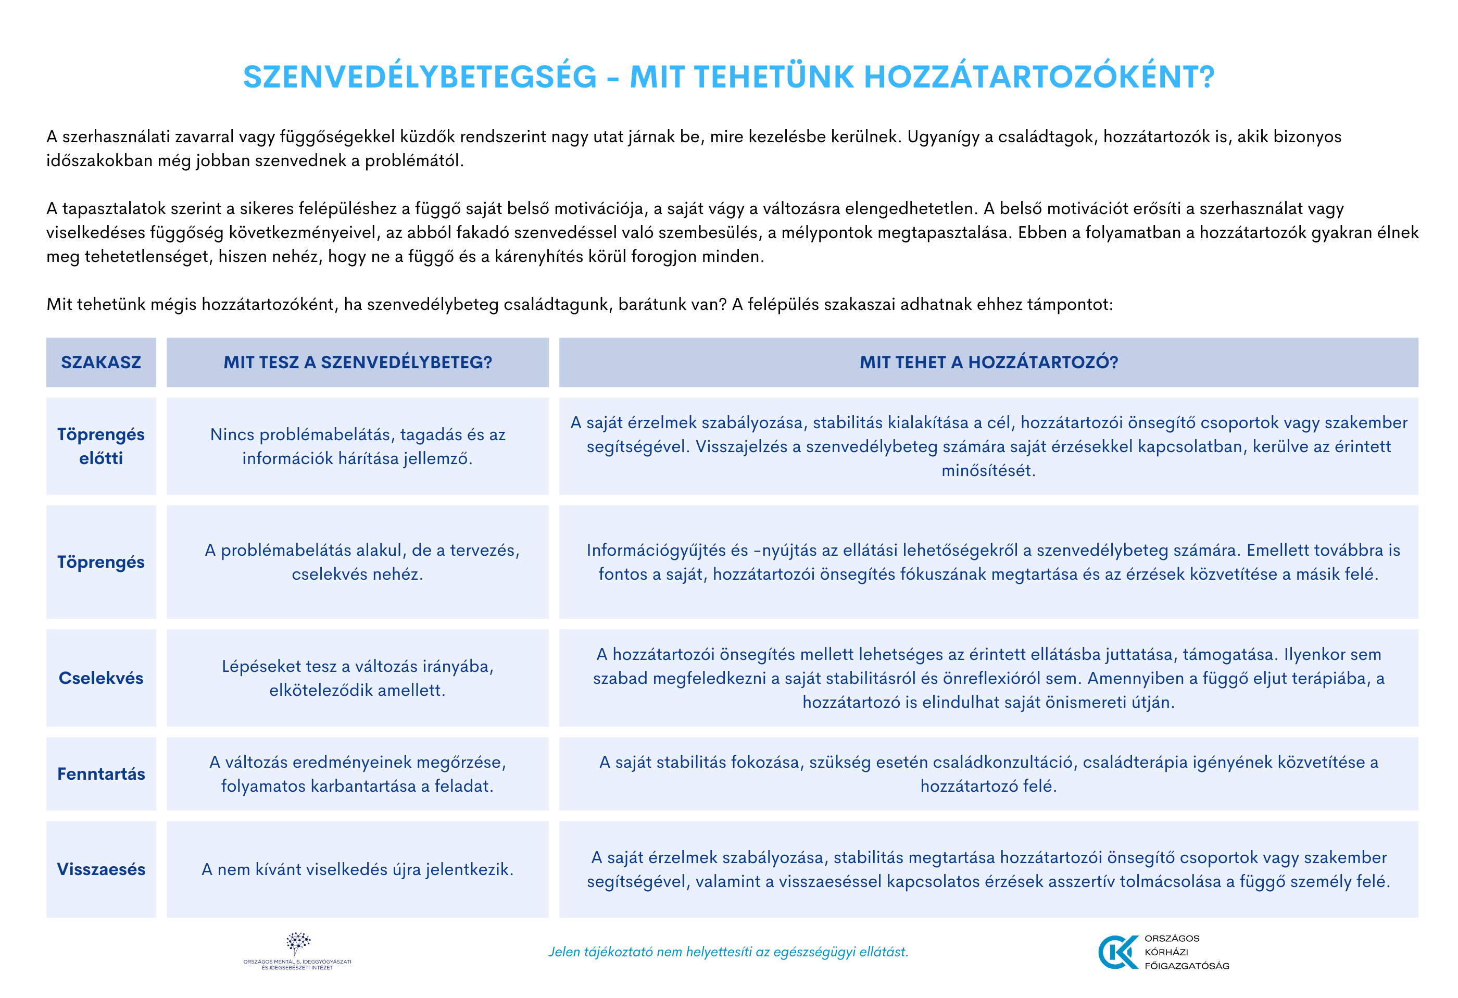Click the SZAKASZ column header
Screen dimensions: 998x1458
coord(101,362)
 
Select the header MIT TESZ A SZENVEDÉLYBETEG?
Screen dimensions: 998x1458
coord(358,362)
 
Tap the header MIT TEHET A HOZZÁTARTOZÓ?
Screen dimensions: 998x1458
coord(988,362)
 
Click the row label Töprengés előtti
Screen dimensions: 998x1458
coord(101,446)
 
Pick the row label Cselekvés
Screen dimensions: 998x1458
coord(101,678)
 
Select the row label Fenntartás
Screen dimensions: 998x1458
coord(101,774)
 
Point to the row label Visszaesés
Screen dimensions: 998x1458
coord(101,869)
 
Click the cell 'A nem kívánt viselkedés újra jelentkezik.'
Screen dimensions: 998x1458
coord(358,869)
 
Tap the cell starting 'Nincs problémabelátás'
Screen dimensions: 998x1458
coord(358,446)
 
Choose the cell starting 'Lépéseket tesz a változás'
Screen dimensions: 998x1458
coord(358,678)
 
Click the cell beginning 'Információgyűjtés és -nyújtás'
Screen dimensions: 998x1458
coord(988,562)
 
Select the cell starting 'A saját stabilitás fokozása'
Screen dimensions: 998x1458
coord(988,774)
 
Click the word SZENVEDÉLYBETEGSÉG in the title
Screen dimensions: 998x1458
coord(420,77)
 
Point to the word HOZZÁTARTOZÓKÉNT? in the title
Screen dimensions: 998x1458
coord(1039,77)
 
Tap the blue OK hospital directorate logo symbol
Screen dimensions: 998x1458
coord(1117,952)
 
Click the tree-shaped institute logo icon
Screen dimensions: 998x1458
coord(298,943)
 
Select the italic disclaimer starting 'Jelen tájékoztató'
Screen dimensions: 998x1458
coord(728,952)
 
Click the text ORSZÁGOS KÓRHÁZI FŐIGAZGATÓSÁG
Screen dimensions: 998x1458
coord(1186,952)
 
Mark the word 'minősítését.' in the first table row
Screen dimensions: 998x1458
coord(988,471)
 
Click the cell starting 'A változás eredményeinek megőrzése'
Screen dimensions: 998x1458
coord(358,774)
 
